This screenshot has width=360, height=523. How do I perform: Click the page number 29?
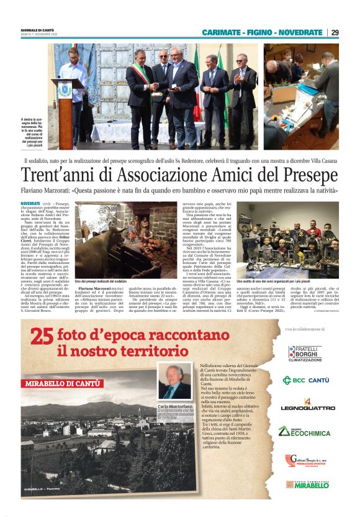click(x=335, y=32)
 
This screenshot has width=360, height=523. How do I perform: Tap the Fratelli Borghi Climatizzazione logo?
click(x=305, y=353)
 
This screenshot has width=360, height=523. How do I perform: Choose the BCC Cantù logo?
click(x=305, y=380)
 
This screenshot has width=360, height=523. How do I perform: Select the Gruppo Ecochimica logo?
click(x=304, y=431)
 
